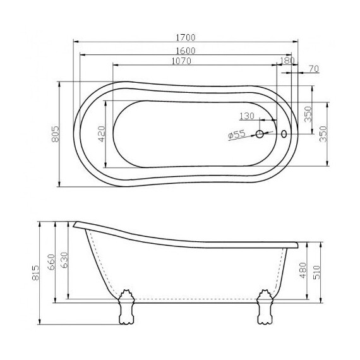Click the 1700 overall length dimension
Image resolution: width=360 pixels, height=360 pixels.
pos(185,37)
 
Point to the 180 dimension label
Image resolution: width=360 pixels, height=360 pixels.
pos(287,61)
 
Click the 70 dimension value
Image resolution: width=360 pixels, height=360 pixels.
pos(313,68)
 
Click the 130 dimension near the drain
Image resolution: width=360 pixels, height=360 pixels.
pos(247,116)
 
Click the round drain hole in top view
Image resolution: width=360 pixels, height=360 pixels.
pos(260,134)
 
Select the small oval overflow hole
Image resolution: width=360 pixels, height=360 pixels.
pos(284,134)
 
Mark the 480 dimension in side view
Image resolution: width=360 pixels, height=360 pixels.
pos(303,270)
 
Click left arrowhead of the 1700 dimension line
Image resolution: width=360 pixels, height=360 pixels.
pos(76,42)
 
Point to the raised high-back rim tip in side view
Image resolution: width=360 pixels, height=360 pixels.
pos(75,223)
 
